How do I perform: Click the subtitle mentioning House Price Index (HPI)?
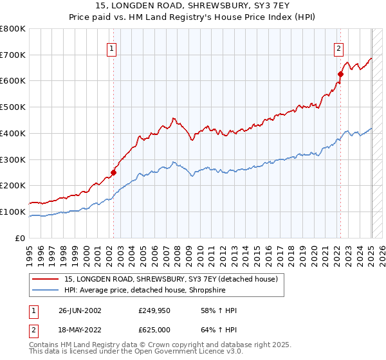[193, 17]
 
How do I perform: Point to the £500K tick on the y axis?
[14, 107]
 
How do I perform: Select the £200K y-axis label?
[14, 185]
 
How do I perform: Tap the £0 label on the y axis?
[21, 238]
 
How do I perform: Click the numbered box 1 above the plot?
[112, 48]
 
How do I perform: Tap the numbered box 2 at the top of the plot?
[338, 48]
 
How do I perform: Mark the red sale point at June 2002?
[113, 172]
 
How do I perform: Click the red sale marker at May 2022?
[340, 74]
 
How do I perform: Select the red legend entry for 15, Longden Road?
[170, 279]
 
